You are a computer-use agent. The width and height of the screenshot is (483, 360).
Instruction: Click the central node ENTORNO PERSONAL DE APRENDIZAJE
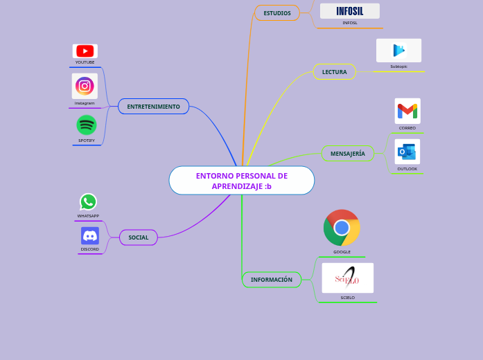tap(241, 181)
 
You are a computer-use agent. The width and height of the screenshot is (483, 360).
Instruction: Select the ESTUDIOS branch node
tap(277, 13)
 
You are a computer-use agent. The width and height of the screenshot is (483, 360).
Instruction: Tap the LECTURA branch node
tap(335, 72)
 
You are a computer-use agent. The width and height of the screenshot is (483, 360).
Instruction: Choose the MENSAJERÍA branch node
tap(347, 154)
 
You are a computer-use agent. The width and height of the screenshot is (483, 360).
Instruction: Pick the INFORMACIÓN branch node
tap(271, 280)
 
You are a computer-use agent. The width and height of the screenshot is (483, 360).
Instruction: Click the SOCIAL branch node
tap(139, 237)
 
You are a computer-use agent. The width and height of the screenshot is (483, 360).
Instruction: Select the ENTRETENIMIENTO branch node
tap(153, 107)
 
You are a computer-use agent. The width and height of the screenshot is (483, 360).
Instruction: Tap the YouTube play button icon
tap(85, 51)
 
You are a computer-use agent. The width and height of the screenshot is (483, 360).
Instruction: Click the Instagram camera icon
tap(85, 86)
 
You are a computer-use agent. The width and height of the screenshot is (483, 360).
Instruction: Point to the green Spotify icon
tap(87, 125)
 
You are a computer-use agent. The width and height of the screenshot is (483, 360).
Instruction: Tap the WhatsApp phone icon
tap(88, 201)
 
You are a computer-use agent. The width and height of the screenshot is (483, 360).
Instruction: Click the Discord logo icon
tap(89, 235)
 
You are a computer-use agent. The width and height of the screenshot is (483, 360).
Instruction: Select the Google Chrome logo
tap(342, 228)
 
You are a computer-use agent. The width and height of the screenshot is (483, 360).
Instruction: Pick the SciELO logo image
tap(347, 278)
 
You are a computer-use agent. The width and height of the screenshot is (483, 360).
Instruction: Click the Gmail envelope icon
tap(407, 111)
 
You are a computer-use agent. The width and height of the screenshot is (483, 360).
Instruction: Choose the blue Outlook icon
tap(407, 152)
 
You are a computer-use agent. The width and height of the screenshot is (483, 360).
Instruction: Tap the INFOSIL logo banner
tap(349, 11)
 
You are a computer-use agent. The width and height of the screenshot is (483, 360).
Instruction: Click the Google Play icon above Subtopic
tap(398, 51)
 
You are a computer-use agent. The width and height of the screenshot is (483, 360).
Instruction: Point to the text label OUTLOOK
tap(407, 169)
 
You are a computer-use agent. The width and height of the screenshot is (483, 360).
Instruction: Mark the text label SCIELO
tap(347, 298)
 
